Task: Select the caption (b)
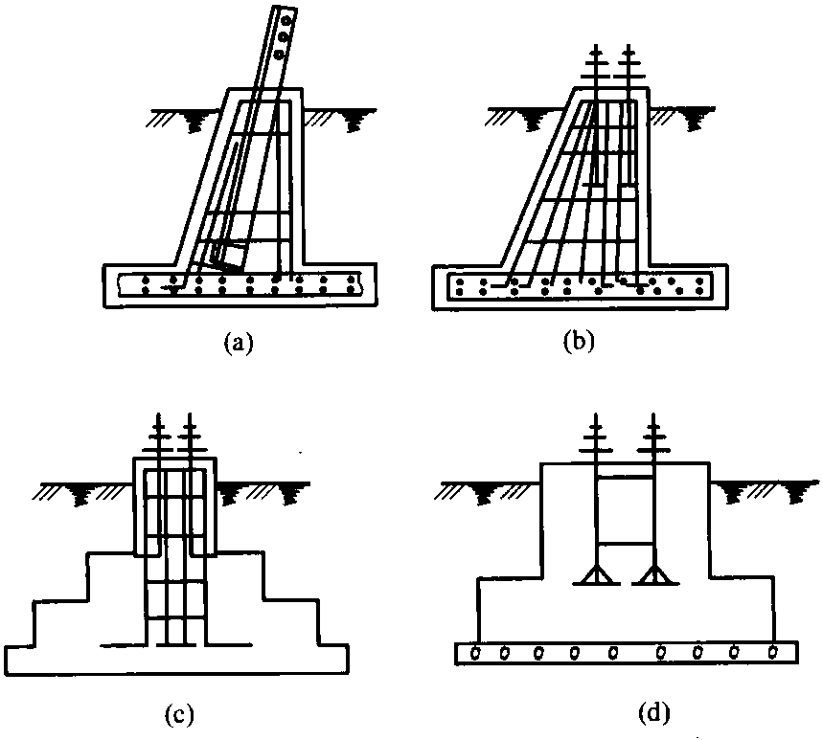pyautogui.click(x=579, y=342)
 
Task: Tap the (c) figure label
pyautogui.click(x=179, y=714)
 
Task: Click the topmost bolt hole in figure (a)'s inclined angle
pyautogui.click(x=286, y=21)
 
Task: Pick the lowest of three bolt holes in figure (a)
pyautogui.click(x=280, y=53)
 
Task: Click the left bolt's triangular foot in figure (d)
pyautogui.click(x=596, y=575)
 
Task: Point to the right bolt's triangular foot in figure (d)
pyautogui.click(x=655, y=575)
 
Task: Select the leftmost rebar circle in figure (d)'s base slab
pyautogui.click(x=476, y=653)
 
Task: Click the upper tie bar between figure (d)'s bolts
pyautogui.click(x=625, y=477)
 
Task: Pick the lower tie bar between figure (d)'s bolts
pyautogui.click(x=625, y=543)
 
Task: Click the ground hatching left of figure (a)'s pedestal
pyautogui.click(x=183, y=119)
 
